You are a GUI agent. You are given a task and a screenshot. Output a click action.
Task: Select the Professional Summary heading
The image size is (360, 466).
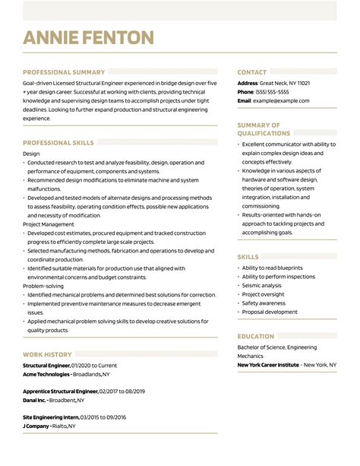pos(64,72)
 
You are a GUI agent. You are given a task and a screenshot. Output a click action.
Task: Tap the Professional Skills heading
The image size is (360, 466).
pos(58,142)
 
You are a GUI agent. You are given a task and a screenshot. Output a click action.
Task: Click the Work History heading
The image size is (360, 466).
pos(47,354)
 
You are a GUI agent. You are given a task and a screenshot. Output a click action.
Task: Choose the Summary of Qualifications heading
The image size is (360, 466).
pos(259,128)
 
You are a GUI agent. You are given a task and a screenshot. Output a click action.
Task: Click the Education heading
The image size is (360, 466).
pos(255,335)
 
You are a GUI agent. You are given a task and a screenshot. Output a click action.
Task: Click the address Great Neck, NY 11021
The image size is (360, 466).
pos(285,82)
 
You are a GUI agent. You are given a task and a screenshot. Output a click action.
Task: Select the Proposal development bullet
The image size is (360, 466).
pos(270,312)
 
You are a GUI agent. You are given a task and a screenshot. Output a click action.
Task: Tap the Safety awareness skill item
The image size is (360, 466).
pos(266,303)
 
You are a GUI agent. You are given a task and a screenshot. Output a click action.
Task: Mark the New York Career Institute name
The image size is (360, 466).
pos(267,365)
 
